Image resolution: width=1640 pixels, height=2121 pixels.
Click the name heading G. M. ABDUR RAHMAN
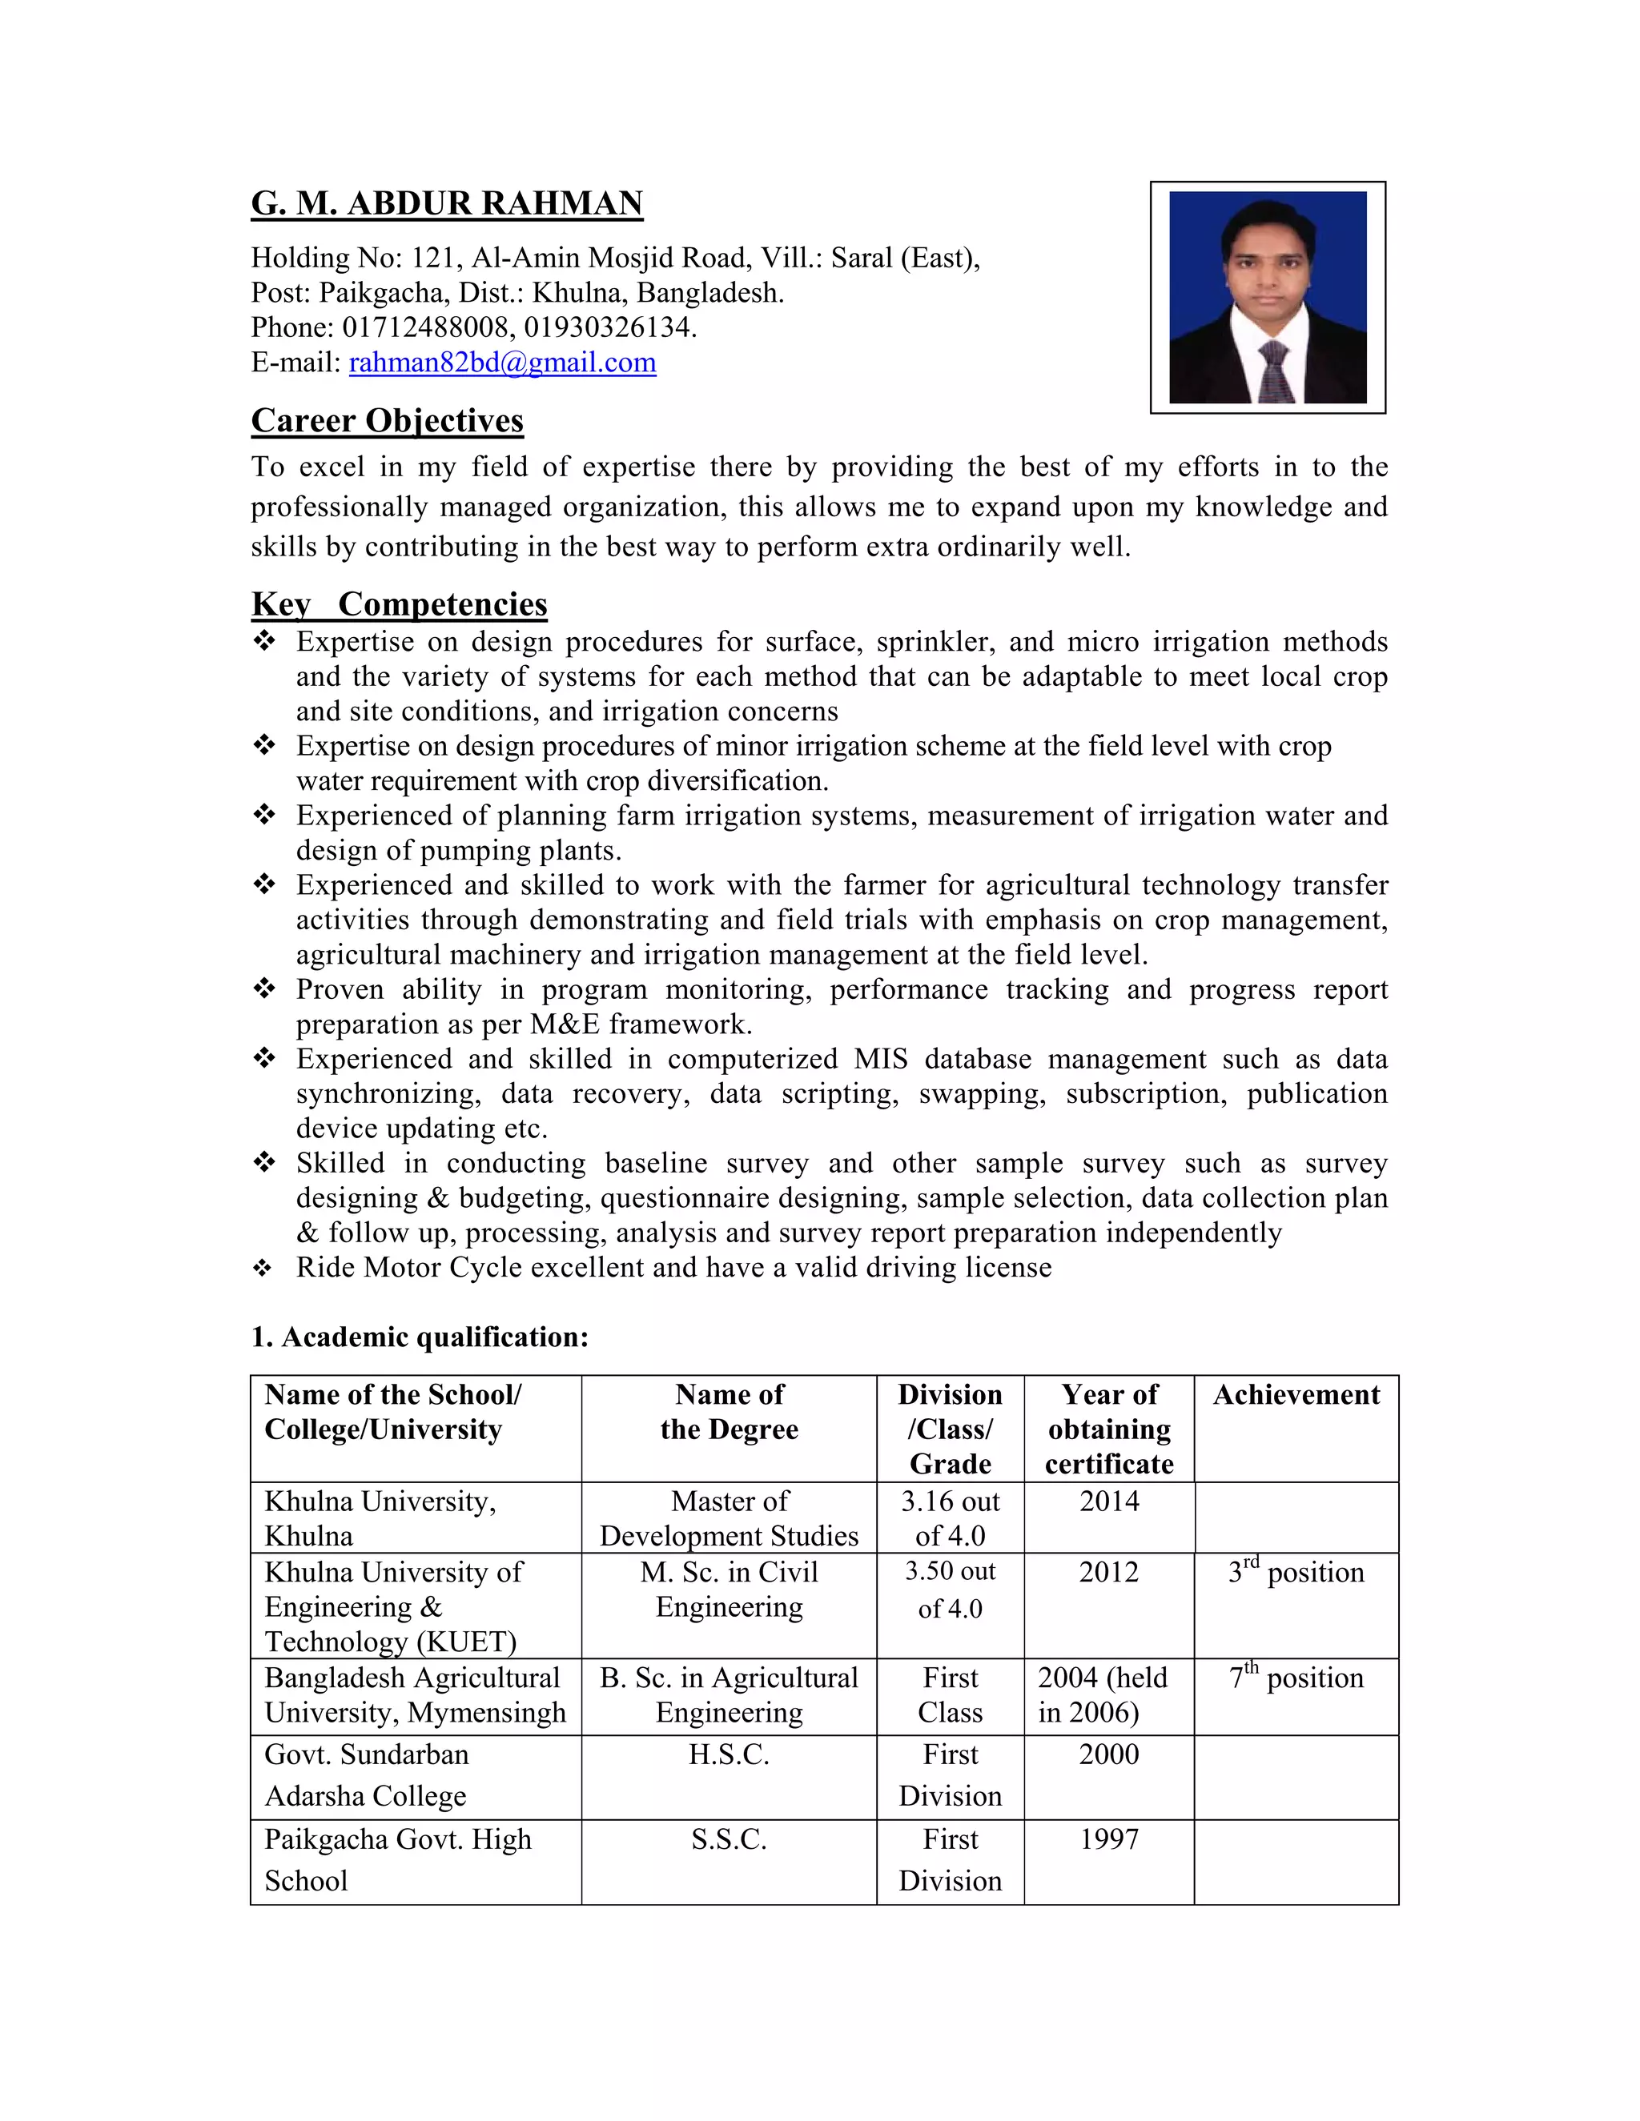coord(447,204)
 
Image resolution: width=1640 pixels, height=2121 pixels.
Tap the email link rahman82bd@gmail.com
coord(502,363)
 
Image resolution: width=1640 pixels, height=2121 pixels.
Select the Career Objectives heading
coord(387,420)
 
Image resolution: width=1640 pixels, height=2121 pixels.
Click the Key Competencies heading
coord(400,604)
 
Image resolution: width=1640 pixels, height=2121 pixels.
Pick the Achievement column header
coord(1296,1394)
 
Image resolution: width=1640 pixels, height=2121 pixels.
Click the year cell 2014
coord(1108,1502)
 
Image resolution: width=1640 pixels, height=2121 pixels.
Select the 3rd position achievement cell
coord(1296,1572)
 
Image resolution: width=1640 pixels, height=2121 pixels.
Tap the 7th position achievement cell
coord(1296,1678)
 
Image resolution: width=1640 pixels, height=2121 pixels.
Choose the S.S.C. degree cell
coord(729,1839)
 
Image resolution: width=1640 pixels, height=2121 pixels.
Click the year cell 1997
coord(1108,1839)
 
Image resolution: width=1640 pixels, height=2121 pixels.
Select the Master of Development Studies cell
coord(729,1518)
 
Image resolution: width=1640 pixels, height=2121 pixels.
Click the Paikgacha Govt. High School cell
coord(398,1858)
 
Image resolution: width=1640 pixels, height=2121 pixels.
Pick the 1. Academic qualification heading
coord(420,1337)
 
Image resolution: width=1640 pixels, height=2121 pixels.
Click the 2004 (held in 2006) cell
coord(1103,1694)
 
